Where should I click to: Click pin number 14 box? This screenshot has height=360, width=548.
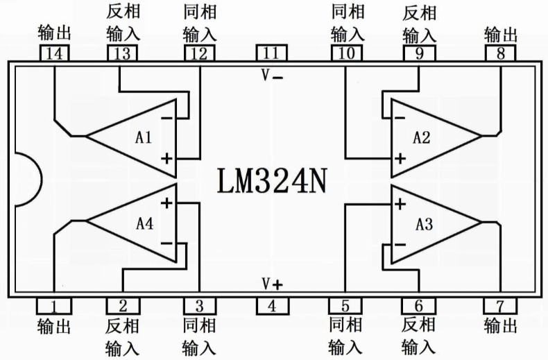click(x=54, y=53)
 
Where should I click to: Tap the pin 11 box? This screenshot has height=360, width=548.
click(x=271, y=53)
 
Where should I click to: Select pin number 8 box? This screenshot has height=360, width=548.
click(x=500, y=53)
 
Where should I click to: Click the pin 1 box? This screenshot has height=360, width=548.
click(x=54, y=306)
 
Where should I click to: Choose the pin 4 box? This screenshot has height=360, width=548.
click(x=273, y=306)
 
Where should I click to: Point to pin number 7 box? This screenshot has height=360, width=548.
click(x=500, y=306)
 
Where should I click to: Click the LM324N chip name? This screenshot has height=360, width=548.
click(x=272, y=181)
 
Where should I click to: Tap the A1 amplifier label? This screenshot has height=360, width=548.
click(x=144, y=137)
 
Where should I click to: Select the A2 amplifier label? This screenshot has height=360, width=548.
click(x=422, y=137)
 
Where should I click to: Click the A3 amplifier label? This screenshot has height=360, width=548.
click(x=425, y=224)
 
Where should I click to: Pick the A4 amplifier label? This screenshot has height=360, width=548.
click(x=145, y=223)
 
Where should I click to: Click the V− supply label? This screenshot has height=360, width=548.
click(x=272, y=75)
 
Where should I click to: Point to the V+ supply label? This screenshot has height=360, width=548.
click(x=272, y=284)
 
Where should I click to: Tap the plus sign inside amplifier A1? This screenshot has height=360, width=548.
click(x=166, y=159)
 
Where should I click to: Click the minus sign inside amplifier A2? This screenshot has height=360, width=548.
click(x=400, y=118)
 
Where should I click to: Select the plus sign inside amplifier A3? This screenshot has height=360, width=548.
click(x=400, y=203)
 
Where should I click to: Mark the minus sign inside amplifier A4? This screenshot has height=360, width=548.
click(x=166, y=243)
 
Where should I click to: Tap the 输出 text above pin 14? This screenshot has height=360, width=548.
click(x=54, y=33)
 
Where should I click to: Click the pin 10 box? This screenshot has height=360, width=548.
click(x=347, y=53)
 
